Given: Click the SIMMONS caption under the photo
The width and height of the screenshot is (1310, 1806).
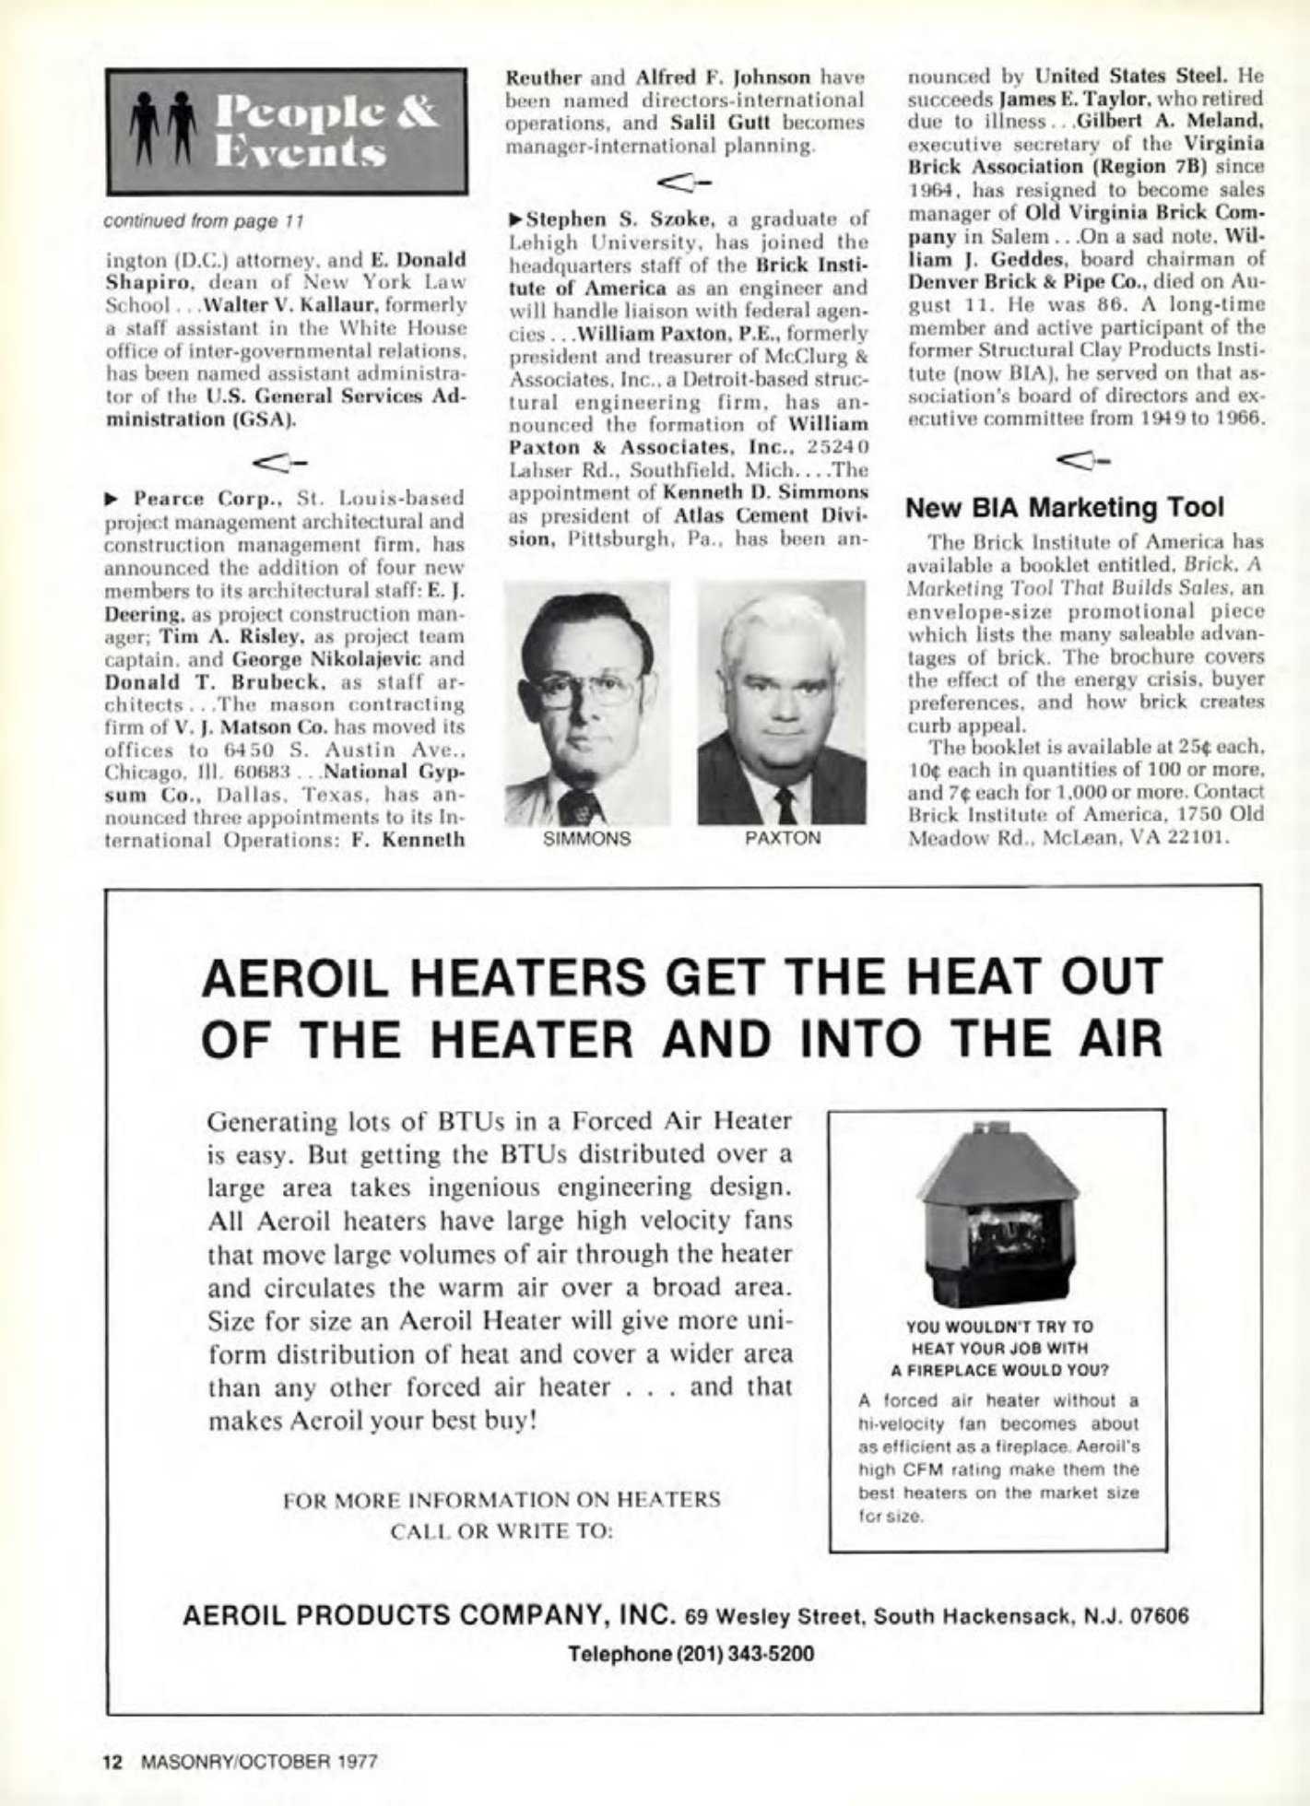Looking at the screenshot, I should click(587, 839).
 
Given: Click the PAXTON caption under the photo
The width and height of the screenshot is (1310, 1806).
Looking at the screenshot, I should click(782, 839).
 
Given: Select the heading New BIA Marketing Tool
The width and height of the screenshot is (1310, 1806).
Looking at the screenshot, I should click(1066, 507).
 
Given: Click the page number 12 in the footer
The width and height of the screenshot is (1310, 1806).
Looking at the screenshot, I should click(113, 1761).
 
